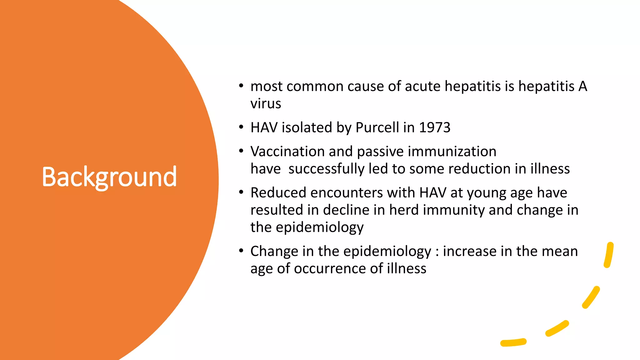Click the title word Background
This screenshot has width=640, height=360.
tap(109, 177)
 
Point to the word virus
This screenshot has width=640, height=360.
tap(266, 104)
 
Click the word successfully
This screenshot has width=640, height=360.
tap(326, 169)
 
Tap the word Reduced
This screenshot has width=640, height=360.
tap(278, 193)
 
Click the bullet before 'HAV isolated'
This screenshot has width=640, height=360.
tap(241, 127)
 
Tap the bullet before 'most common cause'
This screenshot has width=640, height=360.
tap(241, 86)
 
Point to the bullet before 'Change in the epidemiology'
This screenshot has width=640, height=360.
tap(241, 251)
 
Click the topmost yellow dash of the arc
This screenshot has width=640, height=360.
tap(608, 255)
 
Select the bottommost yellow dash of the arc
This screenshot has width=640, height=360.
tap(513, 342)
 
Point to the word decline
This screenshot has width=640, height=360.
tap(346, 210)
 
